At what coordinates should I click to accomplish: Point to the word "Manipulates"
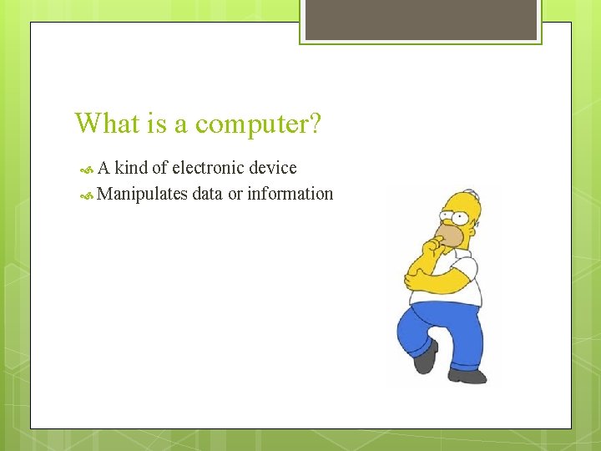pyautogui.click(x=142, y=194)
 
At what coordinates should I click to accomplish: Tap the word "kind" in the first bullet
pyautogui.click(x=131, y=168)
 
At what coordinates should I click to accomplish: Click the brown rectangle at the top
pyautogui.click(x=420, y=19)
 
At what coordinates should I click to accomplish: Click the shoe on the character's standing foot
pyautogui.click(x=467, y=375)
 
